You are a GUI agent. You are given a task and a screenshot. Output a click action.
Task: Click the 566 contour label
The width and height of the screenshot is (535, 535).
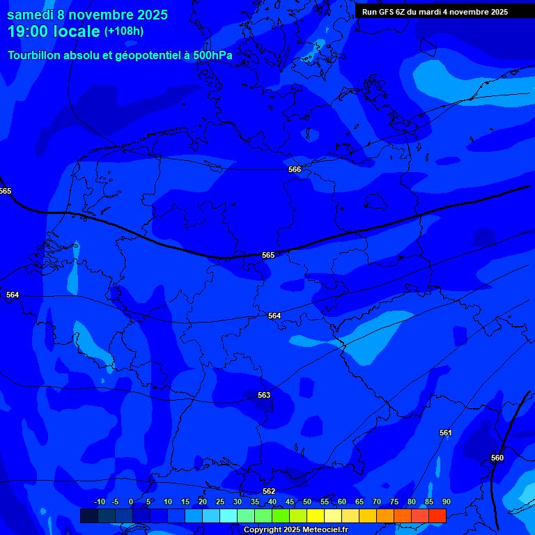pyautogui.click(x=295, y=169)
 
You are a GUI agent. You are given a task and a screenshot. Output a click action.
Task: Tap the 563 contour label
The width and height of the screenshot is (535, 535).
pyautogui.click(x=264, y=395)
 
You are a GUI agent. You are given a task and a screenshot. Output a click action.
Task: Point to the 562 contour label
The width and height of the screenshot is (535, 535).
pyautogui.click(x=269, y=491)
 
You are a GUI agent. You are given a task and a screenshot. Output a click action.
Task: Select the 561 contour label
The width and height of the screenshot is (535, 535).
pyautogui.click(x=445, y=433)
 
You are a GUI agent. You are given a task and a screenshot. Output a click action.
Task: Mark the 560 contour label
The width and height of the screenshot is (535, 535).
pyautogui.click(x=497, y=458)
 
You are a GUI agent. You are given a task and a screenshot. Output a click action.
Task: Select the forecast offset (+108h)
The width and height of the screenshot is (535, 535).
pyautogui.click(x=124, y=31)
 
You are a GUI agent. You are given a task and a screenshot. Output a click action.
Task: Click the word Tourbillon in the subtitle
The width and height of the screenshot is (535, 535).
pyautogui.click(x=36, y=55)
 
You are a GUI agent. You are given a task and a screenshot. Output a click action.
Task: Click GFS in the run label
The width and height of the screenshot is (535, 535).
pyautogui.click(x=388, y=12)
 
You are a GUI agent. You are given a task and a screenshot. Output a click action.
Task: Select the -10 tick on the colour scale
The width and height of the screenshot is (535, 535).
pyautogui.click(x=99, y=502)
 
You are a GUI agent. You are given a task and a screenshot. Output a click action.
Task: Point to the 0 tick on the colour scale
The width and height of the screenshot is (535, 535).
pyautogui.click(x=131, y=502)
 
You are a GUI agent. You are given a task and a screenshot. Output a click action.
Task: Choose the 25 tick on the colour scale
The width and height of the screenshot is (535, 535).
pyautogui.click(x=219, y=502)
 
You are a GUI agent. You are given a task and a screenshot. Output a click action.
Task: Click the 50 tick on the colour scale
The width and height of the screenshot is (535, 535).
pyautogui.click(x=307, y=502)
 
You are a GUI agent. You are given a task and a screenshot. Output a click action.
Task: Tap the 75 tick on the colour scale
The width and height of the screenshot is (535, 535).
pyautogui.click(x=394, y=502)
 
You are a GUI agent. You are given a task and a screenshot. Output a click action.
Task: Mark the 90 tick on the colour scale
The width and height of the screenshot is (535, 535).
pyautogui.click(x=446, y=502)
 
